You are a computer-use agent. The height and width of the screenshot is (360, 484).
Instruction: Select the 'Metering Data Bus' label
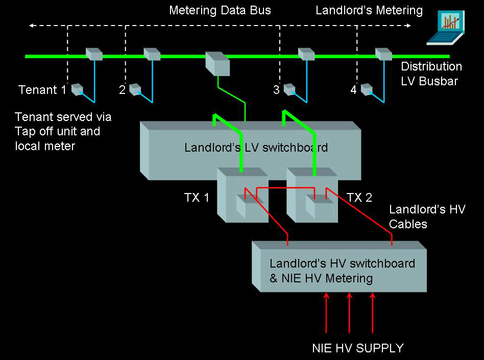[x=220, y=10]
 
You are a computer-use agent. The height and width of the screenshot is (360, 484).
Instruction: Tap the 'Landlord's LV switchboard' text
[x=256, y=148]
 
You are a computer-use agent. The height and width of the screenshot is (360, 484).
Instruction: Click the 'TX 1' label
[x=197, y=198]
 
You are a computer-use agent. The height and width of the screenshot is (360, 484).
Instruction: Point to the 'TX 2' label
[x=359, y=198]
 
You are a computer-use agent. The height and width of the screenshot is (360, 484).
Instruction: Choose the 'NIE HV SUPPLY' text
[x=357, y=348]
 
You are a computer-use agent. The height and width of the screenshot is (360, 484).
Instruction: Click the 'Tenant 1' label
[x=42, y=90]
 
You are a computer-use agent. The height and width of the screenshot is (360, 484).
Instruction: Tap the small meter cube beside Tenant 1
[x=77, y=89]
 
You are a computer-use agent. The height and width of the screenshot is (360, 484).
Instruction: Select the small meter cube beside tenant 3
[x=289, y=89]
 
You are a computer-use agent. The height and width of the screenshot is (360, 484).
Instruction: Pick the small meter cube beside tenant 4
[x=367, y=89]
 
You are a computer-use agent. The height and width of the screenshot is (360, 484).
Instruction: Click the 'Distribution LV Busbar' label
[x=431, y=73]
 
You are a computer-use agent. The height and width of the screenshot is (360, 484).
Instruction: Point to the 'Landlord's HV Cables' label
[x=427, y=217]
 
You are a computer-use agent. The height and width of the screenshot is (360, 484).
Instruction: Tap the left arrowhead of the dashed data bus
[x=31, y=25]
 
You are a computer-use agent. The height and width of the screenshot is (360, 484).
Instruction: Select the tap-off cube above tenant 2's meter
[x=152, y=54]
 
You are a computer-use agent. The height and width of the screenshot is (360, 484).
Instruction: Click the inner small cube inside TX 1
[x=247, y=206]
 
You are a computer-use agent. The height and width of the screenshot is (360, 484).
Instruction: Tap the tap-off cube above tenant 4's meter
[x=383, y=54]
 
